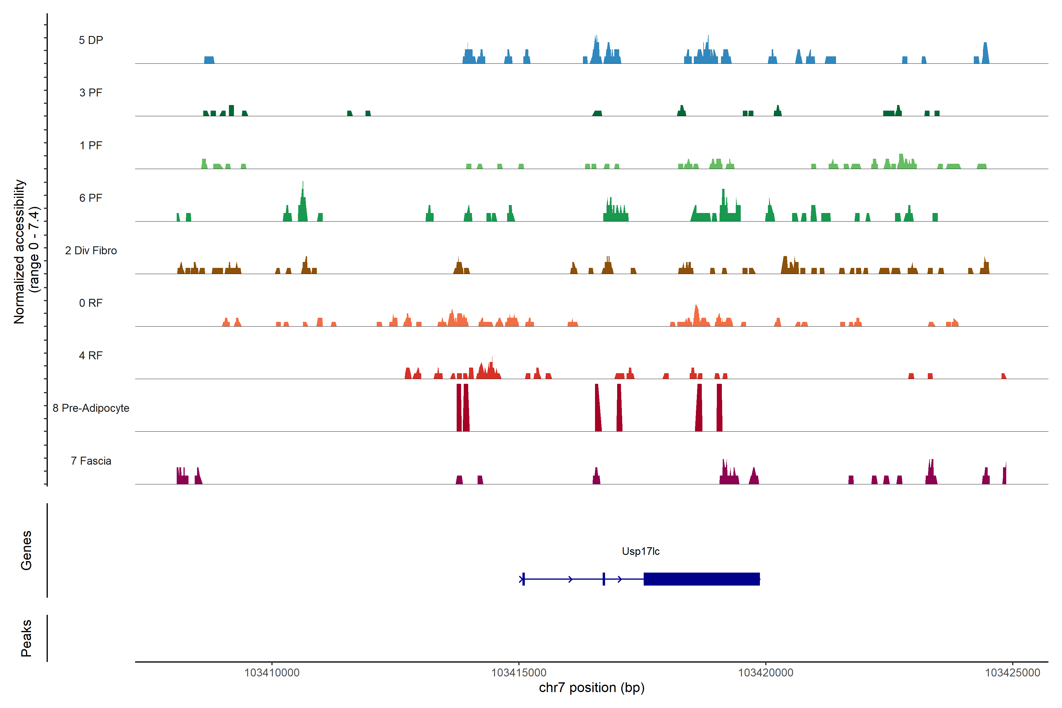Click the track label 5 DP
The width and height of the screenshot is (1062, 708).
tap(91, 40)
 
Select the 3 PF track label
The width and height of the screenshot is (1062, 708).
tap(91, 93)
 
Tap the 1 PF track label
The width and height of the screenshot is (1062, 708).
tap(91, 145)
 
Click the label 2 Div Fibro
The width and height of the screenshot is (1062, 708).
tap(91, 250)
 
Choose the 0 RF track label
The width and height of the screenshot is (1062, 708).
tap(91, 303)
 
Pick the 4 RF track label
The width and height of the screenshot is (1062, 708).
tap(91, 355)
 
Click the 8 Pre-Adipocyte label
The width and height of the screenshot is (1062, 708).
tap(91, 408)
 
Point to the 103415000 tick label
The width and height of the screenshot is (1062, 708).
tap(519, 673)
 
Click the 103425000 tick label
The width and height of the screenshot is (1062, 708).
tap(1012, 673)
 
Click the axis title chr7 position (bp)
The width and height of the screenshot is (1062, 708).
tap(591, 688)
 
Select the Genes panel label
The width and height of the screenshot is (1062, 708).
tap(26, 550)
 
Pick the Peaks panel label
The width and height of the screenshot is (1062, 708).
tap(26, 638)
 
